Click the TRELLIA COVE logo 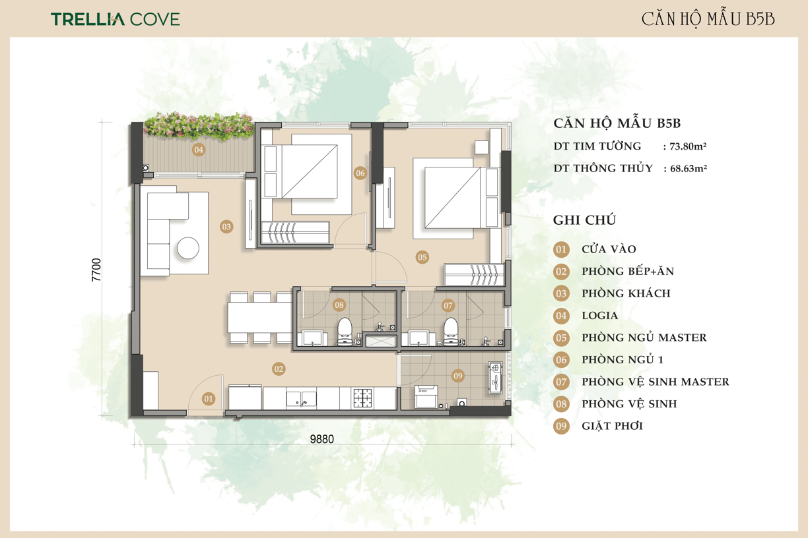click(116, 19)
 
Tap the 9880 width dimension click(321, 439)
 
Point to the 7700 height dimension click(96, 270)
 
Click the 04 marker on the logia click(199, 150)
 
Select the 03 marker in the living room click(226, 227)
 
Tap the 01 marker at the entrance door click(209, 399)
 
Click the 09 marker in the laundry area click(457, 376)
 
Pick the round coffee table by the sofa click(188, 248)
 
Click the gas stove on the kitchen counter click(363, 398)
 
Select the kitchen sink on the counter click(301, 398)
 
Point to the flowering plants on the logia click(198, 126)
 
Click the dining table click(259, 318)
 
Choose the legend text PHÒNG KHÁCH click(626, 293)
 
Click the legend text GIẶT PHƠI click(613, 426)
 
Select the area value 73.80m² click(688, 146)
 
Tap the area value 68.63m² click(689, 168)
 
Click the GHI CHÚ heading click(585, 220)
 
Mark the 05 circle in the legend click(561, 338)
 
